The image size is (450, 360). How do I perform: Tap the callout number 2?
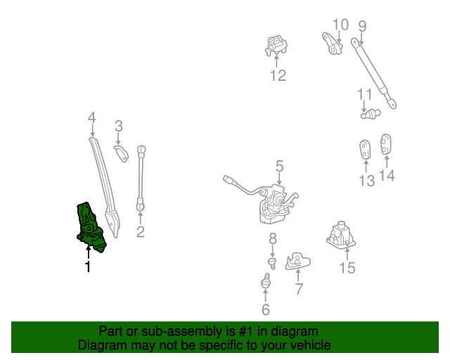point(141,231)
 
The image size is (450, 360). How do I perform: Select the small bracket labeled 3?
point(122,153)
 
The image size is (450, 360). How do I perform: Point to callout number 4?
point(91,117)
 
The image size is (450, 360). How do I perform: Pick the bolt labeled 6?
point(266,283)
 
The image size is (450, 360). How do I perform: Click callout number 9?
point(362,27)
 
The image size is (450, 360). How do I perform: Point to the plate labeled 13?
point(366,150)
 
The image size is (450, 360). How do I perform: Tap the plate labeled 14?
point(386,143)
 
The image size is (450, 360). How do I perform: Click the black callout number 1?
point(88,267)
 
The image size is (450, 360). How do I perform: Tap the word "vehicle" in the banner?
point(309,345)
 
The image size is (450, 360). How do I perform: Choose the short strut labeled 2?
point(141,178)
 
